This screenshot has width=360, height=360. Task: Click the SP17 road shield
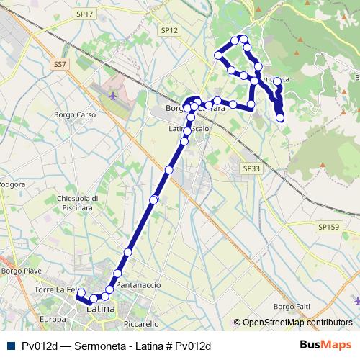click(84, 14)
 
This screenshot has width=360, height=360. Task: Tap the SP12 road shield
click(169, 30)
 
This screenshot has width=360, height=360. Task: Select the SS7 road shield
click(60, 64)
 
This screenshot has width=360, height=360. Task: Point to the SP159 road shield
click(327, 226)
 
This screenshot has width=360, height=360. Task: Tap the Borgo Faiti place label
click(291, 307)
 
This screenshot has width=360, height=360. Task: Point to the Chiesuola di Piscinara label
click(76, 203)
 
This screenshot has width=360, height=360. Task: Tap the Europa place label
click(53, 319)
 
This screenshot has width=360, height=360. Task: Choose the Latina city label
click(101, 308)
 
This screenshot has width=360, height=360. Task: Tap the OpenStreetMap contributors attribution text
click(296, 323)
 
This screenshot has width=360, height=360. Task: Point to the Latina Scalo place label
click(189, 129)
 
